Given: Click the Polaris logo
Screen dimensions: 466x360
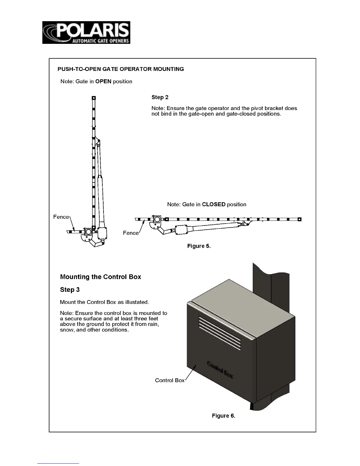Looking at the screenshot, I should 86,33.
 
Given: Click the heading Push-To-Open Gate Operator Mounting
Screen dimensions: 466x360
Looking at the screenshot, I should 121,69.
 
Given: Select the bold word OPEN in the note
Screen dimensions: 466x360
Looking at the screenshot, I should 103,81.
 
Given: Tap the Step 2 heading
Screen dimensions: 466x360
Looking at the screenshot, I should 160,97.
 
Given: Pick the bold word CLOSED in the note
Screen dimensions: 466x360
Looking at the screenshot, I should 214,204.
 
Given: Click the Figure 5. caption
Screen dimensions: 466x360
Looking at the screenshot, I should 199,246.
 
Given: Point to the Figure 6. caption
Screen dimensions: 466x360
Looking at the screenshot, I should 224,416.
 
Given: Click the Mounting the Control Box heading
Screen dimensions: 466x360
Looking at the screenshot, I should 101,277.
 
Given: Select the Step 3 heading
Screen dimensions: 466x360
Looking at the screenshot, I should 70,290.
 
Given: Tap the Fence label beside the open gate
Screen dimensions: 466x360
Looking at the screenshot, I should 61,217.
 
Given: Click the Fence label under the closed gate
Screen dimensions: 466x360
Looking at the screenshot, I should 131,233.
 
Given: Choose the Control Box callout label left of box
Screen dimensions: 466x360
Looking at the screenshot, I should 170,380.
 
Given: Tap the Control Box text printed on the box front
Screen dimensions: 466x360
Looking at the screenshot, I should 220,370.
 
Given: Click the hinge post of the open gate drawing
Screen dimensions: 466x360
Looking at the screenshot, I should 88,232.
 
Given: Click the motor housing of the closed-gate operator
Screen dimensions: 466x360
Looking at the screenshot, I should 184,229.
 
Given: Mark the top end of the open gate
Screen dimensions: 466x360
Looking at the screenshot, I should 94,98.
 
